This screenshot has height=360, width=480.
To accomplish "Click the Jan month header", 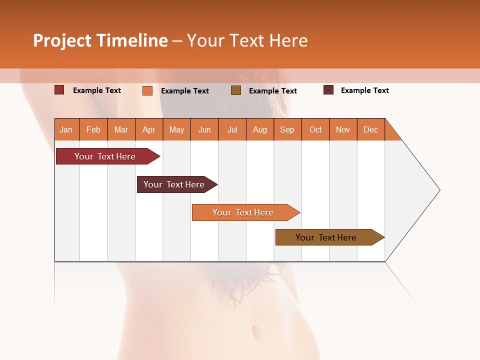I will point(66,129).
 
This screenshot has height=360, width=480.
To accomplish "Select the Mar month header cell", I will point(121,129).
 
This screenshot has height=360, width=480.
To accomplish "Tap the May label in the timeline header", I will point(176,129).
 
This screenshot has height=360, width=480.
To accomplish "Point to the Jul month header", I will point(232,129).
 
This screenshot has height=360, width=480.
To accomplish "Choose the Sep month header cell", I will point(287,129).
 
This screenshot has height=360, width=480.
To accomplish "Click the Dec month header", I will point(370,129).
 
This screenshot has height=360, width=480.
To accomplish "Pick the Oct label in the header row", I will point(315,129).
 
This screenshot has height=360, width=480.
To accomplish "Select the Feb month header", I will point(93,129).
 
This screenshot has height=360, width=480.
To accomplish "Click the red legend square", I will point(59,90).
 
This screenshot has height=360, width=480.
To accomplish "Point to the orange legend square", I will point(147,90).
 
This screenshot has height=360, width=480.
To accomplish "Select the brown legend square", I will point(236,90).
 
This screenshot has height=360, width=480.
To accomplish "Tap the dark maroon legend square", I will point(328,90).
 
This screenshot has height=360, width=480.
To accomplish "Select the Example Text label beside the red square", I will point(97,90).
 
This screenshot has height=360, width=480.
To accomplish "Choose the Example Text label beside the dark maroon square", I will point(365,90).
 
